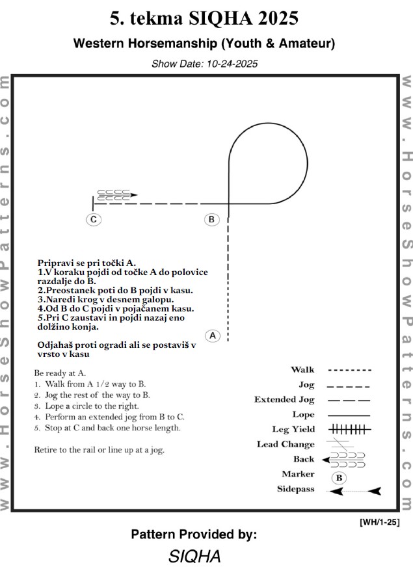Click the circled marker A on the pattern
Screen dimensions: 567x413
tap(213, 336)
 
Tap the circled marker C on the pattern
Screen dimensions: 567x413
tap(94, 219)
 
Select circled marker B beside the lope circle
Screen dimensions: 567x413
tap(211, 219)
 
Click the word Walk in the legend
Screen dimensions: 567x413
tap(302, 369)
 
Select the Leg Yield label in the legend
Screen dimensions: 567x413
tap(293, 429)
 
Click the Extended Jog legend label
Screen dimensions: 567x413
tap(284, 399)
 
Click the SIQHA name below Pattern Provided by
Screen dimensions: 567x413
tap(194, 556)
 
